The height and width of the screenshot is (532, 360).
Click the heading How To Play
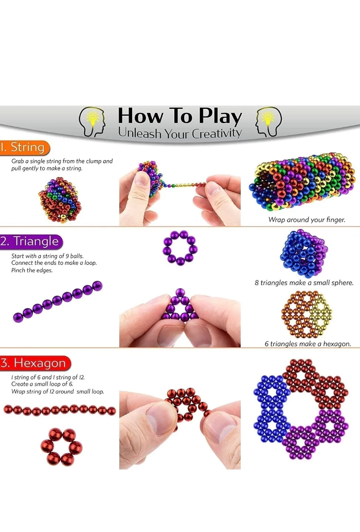tap(180, 116)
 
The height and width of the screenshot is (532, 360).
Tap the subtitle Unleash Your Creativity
tap(180, 133)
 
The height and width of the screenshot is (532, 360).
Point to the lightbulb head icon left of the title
tap(92, 122)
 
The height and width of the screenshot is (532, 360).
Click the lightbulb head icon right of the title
tap(268, 122)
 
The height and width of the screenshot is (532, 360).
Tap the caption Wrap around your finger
tap(307, 220)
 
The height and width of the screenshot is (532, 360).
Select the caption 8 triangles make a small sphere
tap(304, 283)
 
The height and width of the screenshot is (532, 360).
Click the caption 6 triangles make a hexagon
tap(308, 344)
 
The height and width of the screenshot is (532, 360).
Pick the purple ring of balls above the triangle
tap(180, 248)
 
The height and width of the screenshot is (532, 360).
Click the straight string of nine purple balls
tap(58, 301)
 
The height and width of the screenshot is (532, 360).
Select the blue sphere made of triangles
tap(304, 253)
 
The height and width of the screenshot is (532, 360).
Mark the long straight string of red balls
tap(59, 410)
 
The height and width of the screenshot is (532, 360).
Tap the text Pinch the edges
tap(32, 270)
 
